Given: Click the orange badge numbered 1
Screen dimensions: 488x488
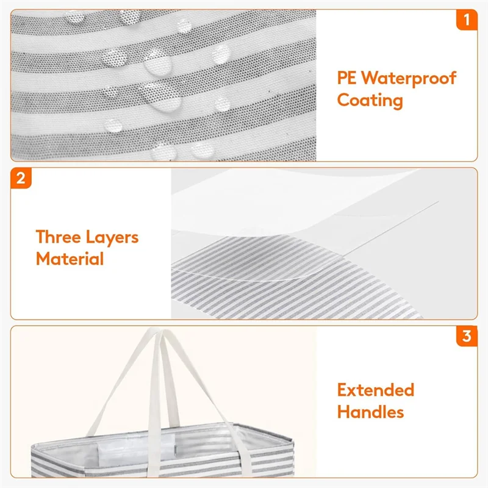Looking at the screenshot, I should pos(467,20).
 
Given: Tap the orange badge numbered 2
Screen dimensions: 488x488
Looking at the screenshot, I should pos(21,179).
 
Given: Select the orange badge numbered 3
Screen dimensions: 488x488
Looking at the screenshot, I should pos(467,337).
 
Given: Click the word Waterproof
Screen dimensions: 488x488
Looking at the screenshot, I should pos(409,78).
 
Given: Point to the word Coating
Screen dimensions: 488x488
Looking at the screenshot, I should pos(370,99).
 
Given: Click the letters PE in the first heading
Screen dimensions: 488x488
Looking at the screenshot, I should pos(347,78).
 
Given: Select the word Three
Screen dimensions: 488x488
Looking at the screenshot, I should pos(61,237).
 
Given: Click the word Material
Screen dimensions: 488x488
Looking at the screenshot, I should pos(70,259).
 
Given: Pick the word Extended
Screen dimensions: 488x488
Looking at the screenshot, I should pos(376,390).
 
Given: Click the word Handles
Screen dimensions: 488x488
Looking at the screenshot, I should pos(370,412).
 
